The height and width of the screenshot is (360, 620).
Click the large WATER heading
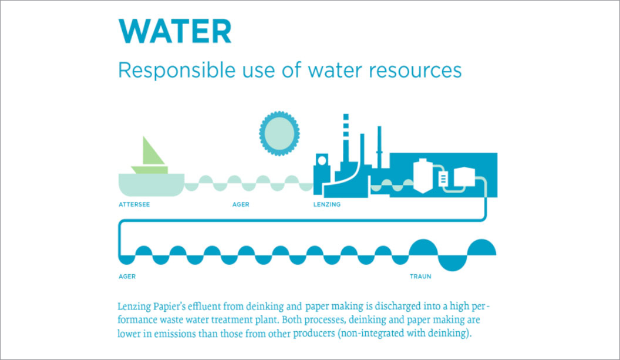pyautogui.click(x=175, y=31)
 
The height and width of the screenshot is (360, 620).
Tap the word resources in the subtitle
pyautogui.click(x=415, y=70)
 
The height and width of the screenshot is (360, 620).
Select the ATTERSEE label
pyautogui.click(x=134, y=204)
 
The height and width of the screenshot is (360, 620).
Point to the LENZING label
pyautogui.click(x=327, y=204)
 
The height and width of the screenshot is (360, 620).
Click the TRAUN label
pyautogui.click(x=420, y=277)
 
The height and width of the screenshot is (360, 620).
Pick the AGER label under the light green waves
pyautogui.click(x=241, y=204)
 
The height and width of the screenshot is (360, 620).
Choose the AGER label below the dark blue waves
pyautogui.click(x=127, y=277)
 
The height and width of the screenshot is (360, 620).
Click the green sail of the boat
pyautogui.click(x=152, y=152)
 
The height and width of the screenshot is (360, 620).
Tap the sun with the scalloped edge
pyautogui.click(x=279, y=133)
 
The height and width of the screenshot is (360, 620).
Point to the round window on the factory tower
pyautogui.click(x=322, y=160)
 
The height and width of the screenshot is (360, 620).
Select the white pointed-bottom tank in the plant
pyautogui.click(x=423, y=176)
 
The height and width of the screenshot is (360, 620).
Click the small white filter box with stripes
pyautogui.click(x=443, y=179)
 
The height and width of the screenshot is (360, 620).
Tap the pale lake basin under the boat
pyautogui.click(x=151, y=185)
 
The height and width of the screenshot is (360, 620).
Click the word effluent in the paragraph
pyautogui.click(x=204, y=307)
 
